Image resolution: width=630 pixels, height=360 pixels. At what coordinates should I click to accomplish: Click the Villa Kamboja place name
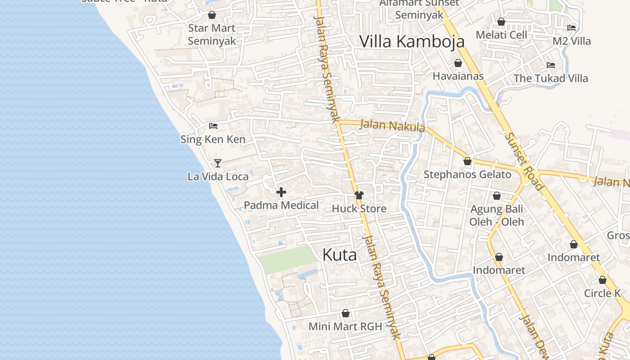point(412,41)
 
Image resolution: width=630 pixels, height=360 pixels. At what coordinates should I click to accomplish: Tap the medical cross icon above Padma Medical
point(281,193)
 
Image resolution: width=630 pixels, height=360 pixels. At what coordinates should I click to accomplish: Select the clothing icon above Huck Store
point(359,195)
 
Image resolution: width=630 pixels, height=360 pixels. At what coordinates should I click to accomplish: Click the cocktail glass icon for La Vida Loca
point(218,163)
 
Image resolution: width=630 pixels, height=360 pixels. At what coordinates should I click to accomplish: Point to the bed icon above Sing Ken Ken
point(213,126)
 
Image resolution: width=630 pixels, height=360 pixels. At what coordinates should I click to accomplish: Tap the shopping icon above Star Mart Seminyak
point(212,15)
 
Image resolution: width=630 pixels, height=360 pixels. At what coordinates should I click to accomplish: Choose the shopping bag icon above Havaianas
point(458,63)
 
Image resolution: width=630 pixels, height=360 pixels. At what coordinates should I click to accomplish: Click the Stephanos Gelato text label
point(468,175)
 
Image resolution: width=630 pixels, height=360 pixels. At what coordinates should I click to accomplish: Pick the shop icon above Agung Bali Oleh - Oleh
point(497,196)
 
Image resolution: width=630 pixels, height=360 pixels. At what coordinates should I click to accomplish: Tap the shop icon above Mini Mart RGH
point(346,313)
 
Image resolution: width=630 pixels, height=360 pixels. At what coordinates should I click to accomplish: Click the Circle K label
point(603,293)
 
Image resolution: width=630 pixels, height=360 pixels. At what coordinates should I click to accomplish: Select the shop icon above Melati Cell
point(501,22)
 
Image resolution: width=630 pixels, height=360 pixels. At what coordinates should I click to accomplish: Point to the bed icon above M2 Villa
point(571,28)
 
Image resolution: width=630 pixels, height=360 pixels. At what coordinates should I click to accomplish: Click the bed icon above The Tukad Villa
point(551,65)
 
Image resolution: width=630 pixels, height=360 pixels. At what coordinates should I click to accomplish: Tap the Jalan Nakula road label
point(392,126)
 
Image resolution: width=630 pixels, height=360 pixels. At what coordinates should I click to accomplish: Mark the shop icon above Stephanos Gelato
point(468,161)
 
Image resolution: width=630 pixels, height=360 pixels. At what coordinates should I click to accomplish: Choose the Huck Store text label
point(359,209)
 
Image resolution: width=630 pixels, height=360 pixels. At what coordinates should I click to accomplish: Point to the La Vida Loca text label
point(218,176)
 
